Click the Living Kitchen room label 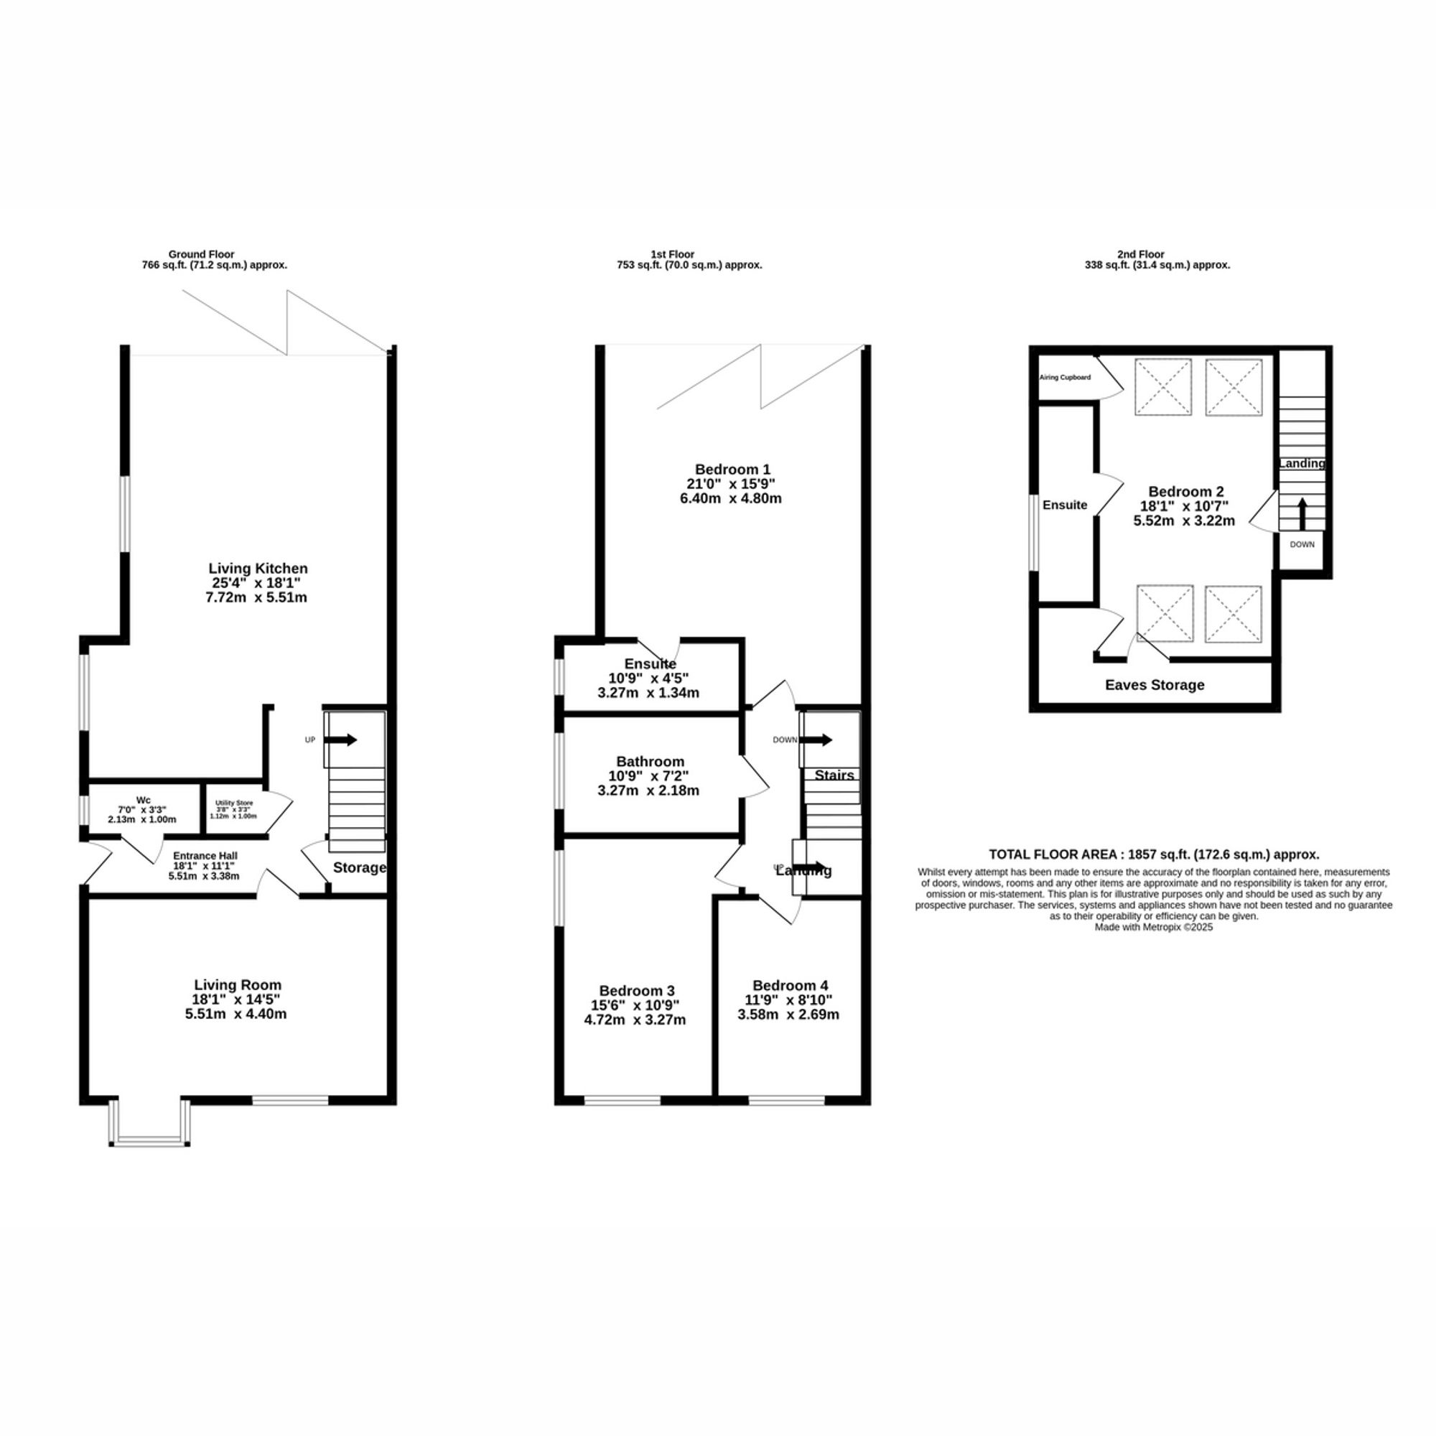257,569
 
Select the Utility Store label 233,803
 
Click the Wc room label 143,800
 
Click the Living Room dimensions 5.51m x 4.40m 236,1014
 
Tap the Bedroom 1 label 732,469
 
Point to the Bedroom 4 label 789,986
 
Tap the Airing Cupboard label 1064,378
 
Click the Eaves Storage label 1155,685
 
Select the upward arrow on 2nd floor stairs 1302,512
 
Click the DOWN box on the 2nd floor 1302,545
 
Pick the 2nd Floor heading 1157,254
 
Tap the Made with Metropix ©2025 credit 1154,927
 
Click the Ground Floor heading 201,254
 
